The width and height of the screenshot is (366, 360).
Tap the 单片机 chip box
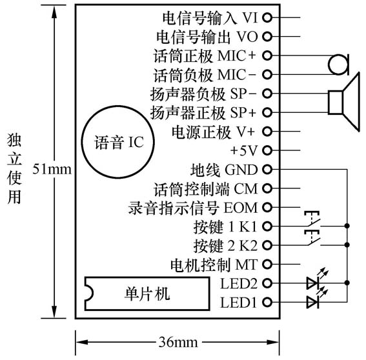point(147,294)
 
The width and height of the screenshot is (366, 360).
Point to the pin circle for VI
point(267,17)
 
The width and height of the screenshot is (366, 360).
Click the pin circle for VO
point(267,37)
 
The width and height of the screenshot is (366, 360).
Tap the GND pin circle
point(267,170)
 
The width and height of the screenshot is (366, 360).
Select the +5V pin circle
point(267,150)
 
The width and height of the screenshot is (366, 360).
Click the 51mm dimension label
point(54,169)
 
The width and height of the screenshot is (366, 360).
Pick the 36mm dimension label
point(178,341)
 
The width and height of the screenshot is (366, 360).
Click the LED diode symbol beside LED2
point(313,283)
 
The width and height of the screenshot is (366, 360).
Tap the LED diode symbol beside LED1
point(313,301)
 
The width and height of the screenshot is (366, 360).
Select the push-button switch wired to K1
point(312,223)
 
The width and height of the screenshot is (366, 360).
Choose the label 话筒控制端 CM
point(206,189)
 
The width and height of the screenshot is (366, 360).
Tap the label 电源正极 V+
point(213,132)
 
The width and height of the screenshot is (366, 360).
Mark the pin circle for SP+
point(267,113)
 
